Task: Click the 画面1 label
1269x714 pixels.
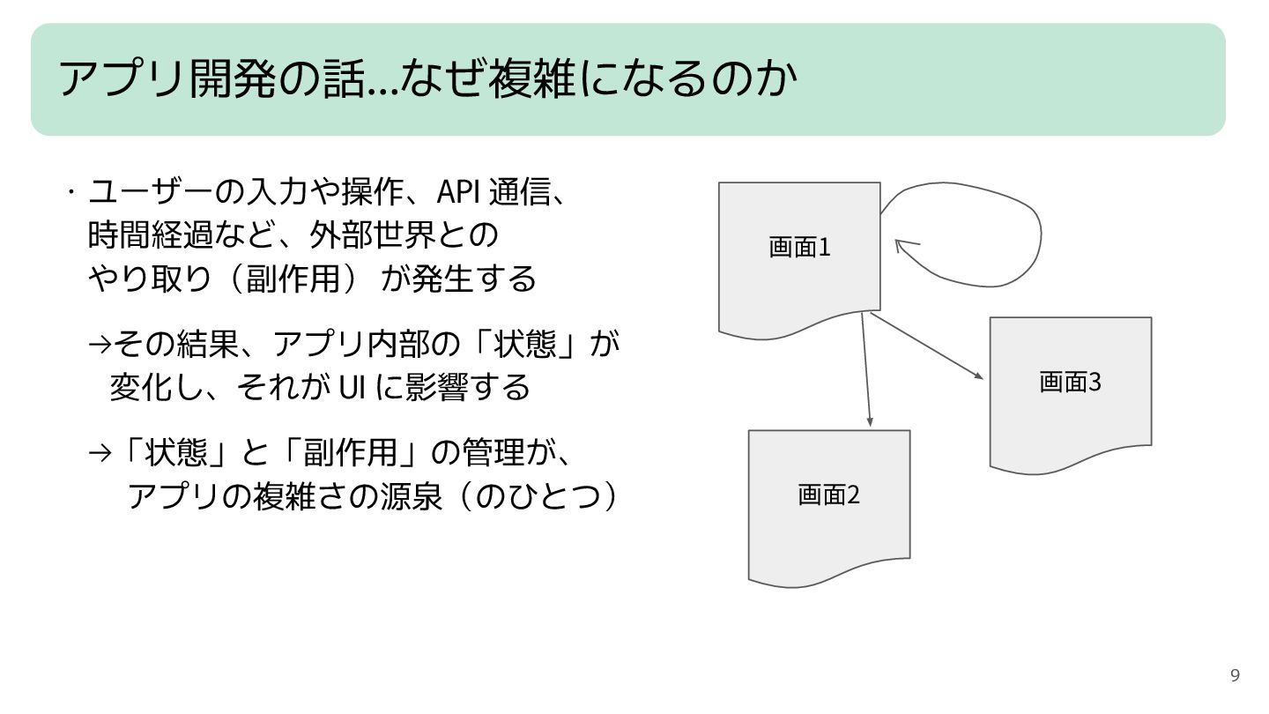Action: coord(799,248)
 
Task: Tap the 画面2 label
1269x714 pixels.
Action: coord(828,495)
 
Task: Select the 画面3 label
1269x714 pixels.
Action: coord(1070,382)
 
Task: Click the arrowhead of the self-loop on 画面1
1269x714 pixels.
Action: coord(902,244)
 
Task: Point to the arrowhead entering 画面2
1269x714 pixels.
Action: coord(870,420)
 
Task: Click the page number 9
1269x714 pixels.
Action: coord(1235,676)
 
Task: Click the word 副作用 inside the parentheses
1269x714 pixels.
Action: coord(293,279)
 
